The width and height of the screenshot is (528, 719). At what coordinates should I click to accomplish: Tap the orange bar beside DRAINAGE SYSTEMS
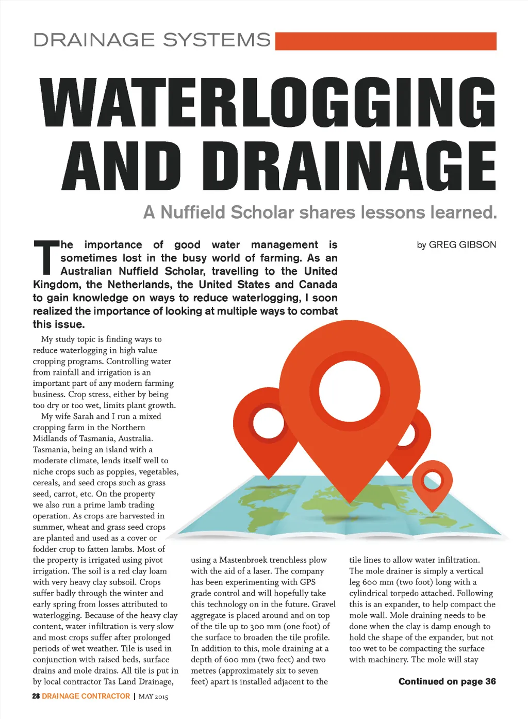386,41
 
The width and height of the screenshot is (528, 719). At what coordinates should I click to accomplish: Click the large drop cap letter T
46,257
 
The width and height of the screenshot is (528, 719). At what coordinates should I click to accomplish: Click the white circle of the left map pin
268,421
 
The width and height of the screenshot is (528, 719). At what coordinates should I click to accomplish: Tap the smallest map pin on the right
432,481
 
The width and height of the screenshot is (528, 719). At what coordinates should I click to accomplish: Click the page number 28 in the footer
36,696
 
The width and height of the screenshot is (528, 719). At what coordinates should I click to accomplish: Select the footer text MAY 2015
153,696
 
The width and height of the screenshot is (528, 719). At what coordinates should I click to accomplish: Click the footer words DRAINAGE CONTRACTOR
86,696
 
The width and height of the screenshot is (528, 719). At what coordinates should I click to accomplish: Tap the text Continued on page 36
447,681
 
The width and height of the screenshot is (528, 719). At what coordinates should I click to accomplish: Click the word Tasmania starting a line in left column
51,449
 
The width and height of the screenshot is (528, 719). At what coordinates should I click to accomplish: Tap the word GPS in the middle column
307,582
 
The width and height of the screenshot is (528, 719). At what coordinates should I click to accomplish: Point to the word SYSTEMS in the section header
217,40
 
